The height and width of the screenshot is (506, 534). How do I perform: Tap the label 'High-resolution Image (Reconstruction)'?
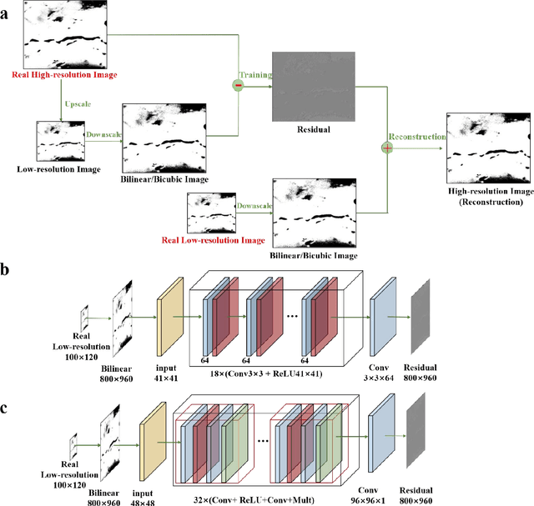click(486, 196)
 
